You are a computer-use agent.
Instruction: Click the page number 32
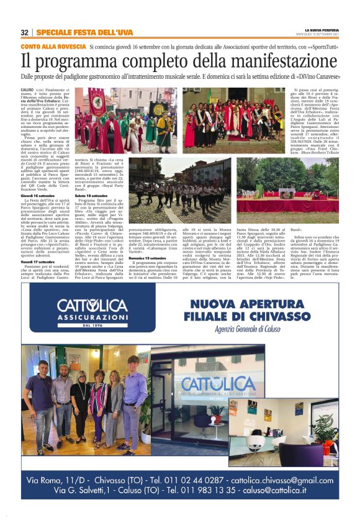point(24,32)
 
